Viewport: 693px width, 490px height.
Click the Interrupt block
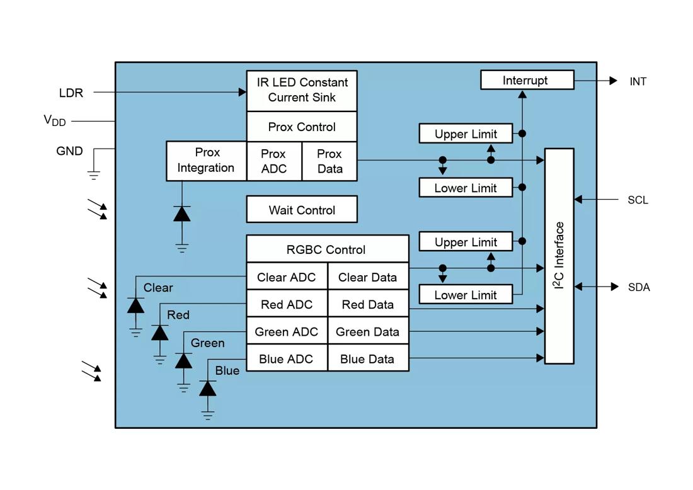[x=527, y=80]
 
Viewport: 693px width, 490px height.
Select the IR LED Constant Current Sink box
[x=301, y=90]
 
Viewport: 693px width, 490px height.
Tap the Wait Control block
[x=301, y=210]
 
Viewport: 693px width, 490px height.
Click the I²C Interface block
[x=559, y=256]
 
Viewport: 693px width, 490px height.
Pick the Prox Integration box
[x=206, y=161]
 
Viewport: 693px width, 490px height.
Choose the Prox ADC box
[x=273, y=161]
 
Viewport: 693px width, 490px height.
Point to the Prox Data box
[x=329, y=161]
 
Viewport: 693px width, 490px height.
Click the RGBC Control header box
[x=326, y=249]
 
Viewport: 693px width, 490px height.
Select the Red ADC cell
[x=287, y=304]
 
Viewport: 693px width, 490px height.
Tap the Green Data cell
[x=368, y=332]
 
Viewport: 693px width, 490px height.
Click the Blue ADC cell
[x=287, y=359]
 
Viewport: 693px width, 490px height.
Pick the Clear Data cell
[x=368, y=277]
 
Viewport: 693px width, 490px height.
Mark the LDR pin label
[x=71, y=93]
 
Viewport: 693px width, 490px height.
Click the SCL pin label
[x=638, y=200]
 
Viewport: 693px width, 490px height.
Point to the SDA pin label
[x=638, y=287]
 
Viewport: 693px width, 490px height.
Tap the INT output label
[x=638, y=81]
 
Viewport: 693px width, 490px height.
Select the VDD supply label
[x=55, y=120]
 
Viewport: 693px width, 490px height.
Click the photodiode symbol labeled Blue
[x=208, y=388]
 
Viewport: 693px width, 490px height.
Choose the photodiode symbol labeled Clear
[x=135, y=305]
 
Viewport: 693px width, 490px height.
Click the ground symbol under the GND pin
[x=94, y=174]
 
